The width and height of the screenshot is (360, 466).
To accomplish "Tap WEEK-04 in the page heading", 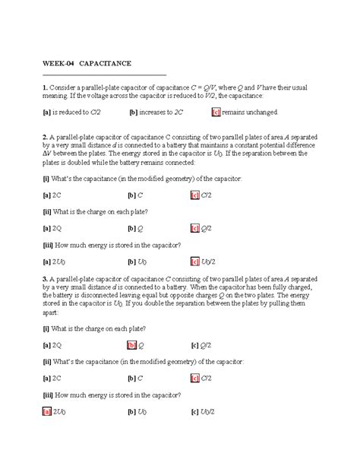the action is tap(58, 63).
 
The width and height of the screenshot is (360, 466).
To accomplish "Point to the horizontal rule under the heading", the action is tap(104, 74).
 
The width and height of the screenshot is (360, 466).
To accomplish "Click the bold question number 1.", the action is tap(45, 88).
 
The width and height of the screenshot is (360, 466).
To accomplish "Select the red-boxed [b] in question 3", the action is tap(131, 344).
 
